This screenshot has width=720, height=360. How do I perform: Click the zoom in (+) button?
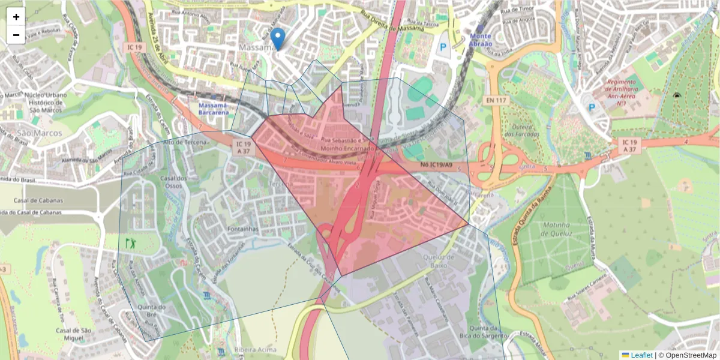(x=16, y=17)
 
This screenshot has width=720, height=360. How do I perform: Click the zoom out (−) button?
(x=16, y=35)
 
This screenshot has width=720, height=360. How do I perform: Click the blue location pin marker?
(x=277, y=38)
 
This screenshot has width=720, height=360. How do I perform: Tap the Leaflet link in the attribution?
(x=641, y=355)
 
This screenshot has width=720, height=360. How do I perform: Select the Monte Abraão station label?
(x=481, y=40)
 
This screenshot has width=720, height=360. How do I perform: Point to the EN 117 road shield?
(x=496, y=100)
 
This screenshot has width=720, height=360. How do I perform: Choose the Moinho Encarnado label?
(x=348, y=148)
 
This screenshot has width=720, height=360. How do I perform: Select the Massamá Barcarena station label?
(x=213, y=109)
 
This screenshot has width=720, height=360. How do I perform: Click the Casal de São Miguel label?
(x=73, y=335)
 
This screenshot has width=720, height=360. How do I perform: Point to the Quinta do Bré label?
(x=151, y=308)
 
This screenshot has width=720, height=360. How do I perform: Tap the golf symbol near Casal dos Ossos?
(x=130, y=244)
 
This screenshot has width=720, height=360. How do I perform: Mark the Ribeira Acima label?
(x=256, y=349)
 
